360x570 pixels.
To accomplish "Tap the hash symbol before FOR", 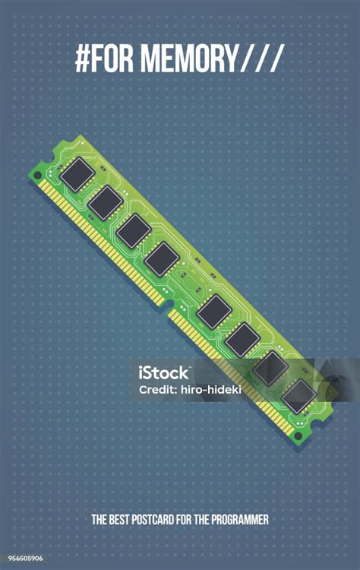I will (83, 59).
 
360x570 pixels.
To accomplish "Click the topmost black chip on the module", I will (77, 174).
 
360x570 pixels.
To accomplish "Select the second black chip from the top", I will (105, 202).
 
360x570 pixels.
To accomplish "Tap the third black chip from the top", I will (134, 231).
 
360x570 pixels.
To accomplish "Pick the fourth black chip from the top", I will (162, 259).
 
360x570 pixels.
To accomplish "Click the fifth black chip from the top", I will (213, 311).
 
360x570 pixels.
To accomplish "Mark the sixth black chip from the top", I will (242, 339).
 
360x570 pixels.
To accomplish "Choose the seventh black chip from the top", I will (270, 368).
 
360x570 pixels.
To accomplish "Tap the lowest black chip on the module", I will (299, 396).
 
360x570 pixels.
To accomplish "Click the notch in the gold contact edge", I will (168, 305).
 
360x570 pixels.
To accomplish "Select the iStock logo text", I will (163, 372).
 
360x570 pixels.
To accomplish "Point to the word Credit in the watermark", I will (157, 389).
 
